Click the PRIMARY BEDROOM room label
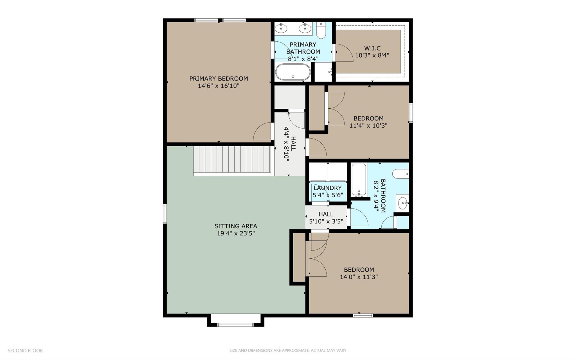pos(219,79)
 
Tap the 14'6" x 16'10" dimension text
pos(219,86)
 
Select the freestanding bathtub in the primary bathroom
pos(293,72)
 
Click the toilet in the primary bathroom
pos(321,30)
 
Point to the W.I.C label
pos(372,48)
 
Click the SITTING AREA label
pos(236,226)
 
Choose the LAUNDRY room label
pos(328,188)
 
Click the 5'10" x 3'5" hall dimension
pos(326,222)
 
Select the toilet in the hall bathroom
pos(400,174)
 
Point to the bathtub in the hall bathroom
pos(359,180)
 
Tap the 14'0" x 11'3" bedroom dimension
pos(359,277)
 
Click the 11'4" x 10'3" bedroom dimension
pos(368,126)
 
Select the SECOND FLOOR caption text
pos(25,350)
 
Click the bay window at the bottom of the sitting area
pos(236,325)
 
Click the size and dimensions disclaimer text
pos(288,350)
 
